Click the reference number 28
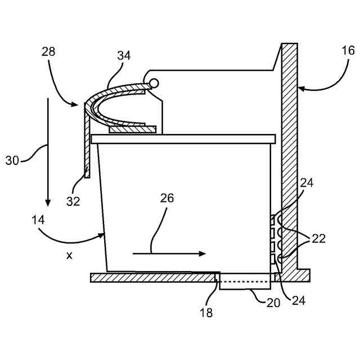(x=49, y=52)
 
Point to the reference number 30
(x=12, y=160)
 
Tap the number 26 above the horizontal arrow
(x=167, y=198)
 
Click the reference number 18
(x=206, y=313)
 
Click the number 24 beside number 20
(x=298, y=300)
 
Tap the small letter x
(x=69, y=255)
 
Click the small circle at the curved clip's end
(x=154, y=84)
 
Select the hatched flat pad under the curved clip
(x=133, y=130)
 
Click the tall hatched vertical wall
(x=291, y=157)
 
